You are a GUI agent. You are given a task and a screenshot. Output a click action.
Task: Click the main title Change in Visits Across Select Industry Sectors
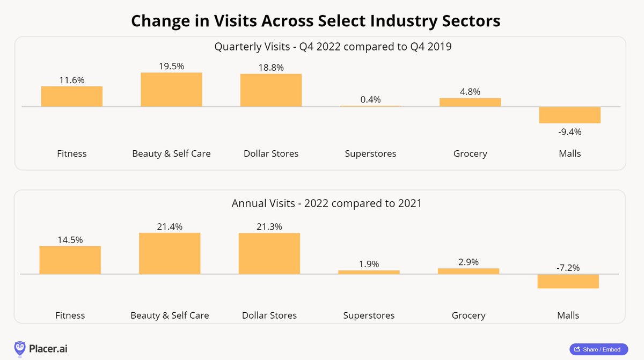[316, 21]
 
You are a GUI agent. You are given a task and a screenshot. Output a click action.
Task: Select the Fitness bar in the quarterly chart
[72, 97]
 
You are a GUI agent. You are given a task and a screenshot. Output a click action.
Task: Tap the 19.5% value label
[171, 67]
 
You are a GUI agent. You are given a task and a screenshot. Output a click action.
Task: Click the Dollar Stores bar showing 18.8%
[271, 90]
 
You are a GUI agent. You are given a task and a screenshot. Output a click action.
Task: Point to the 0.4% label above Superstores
[370, 99]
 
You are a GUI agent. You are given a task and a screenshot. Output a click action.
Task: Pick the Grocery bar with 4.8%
[470, 102]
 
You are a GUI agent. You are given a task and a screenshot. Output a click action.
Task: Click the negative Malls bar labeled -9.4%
[569, 115]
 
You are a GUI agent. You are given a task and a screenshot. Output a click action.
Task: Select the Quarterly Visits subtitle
[333, 47]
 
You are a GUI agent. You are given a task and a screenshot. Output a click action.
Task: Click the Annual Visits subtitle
[327, 203]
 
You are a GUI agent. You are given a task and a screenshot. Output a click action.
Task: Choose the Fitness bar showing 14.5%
[70, 260]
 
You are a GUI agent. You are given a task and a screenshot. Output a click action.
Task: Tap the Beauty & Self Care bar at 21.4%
[170, 254]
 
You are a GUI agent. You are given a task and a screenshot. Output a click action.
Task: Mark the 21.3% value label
[269, 226]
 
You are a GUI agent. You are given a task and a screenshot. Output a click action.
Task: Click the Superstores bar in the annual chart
[369, 272]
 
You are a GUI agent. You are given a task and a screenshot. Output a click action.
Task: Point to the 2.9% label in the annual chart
[469, 262]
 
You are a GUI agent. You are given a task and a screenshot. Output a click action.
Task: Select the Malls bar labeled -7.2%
[568, 281]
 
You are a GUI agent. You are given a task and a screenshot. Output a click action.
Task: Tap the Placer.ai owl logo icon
[20, 349]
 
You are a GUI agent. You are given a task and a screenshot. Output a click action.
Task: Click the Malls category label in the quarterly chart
[569, 153]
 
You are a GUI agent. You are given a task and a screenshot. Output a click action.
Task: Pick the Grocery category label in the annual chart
[469, 315]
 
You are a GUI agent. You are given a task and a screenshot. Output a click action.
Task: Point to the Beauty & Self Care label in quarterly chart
[171, 153]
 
